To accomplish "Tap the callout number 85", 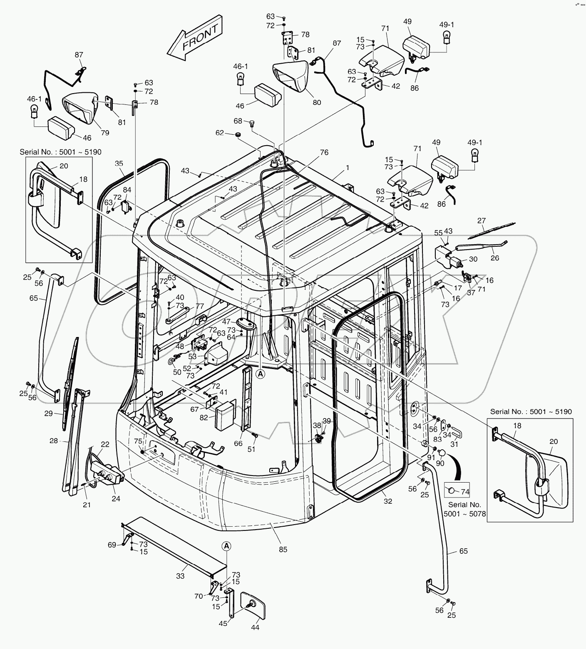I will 283,550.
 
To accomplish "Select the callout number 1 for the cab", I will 348,168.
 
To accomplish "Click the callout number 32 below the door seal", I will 388,501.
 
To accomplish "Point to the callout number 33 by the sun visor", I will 180,576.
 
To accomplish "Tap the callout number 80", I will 317,102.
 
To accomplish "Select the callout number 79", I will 105,133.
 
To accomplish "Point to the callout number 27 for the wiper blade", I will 482,221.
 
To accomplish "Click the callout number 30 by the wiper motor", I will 473,259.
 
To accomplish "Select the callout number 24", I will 116,498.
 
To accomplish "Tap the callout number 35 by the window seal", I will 119,163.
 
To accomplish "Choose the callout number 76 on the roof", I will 324,153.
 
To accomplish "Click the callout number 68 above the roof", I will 238,121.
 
